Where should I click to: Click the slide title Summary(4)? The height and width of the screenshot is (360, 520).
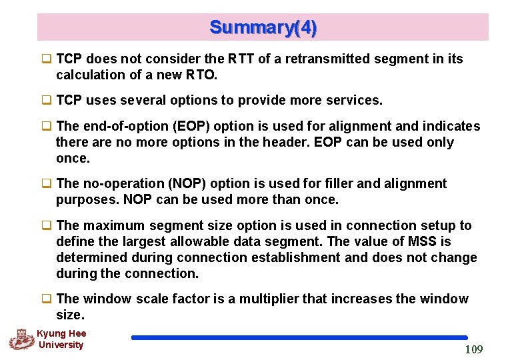pyautogui.click(x=263, y=27)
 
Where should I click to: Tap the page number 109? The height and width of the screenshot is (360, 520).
pyautogui.click(x=473, y=349)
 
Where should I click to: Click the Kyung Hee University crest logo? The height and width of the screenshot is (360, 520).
pyautogui.click(x=21, y=339)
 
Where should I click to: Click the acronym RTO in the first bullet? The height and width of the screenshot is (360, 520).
pyautogui.click(x=203, y=75)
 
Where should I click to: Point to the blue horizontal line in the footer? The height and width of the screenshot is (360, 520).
pyautogui.click(x=299, y=338)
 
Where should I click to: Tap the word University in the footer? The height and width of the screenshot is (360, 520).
pyautogui.click(x=61, y=345)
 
